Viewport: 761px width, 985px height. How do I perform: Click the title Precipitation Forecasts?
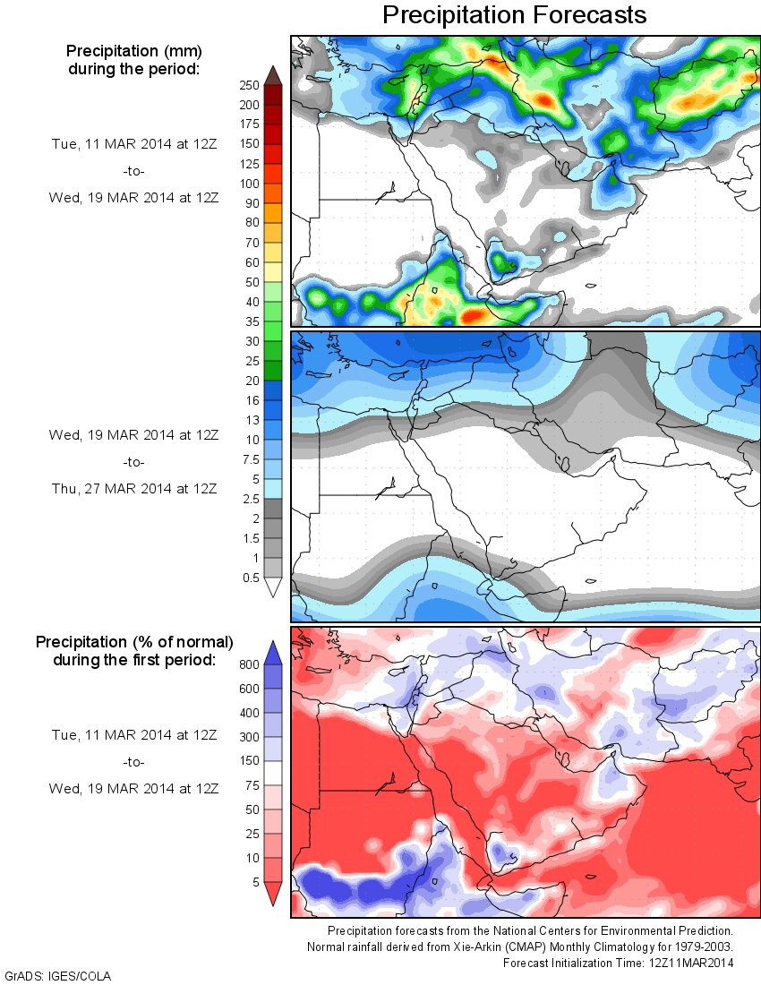coord(514,15)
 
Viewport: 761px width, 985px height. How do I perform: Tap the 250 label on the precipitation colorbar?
coord(249,86)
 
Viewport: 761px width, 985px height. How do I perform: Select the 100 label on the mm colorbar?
coord(249,184)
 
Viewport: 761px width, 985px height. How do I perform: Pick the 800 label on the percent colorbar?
coord(249,665)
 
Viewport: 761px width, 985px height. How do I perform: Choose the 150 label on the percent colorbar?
coord(249,761)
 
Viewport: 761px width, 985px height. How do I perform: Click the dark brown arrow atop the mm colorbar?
coord(273,75)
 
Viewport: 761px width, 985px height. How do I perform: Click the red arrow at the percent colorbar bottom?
coord(273,893)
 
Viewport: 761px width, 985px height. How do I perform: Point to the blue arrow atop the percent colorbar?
coord(273,652)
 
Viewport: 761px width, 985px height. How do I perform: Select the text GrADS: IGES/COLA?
coord(58,975)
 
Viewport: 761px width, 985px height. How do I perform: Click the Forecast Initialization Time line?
coord(618,964)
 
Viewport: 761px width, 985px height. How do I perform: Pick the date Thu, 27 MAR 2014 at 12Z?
coord(133,488)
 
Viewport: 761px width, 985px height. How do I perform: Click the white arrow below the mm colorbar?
coord(273,587)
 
